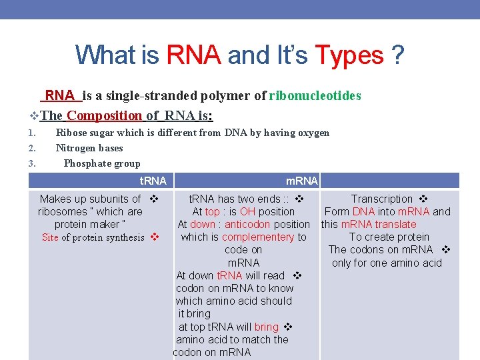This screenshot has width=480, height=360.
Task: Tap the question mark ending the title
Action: tap(398, 55)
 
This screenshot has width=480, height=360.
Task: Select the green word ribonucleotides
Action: tap(315, 96)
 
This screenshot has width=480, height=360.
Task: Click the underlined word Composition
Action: tap(105, 115)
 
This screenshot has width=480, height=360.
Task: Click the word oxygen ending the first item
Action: tap(313, 133)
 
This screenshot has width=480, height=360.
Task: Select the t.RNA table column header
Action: tap(153, 181)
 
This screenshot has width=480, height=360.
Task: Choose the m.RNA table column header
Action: tap(301, 181)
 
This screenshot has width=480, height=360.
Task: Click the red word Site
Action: tap(50, 237)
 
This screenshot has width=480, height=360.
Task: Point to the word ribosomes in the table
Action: tap(65, 211)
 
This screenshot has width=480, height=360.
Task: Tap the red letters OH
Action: tap(247, 211)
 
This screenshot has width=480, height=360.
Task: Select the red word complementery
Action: tap(258, 237)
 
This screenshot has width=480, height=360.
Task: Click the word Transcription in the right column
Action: tap(382, 199)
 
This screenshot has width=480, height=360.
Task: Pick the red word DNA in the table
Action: tap(363, 211)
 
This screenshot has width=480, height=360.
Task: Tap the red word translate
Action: tap(393, 224)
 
